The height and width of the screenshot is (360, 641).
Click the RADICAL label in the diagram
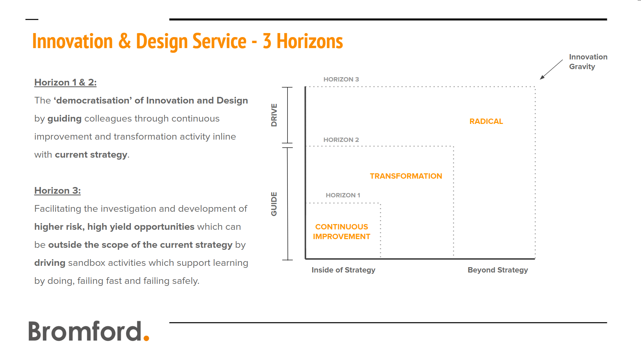486,122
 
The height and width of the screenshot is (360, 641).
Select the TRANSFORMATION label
406,176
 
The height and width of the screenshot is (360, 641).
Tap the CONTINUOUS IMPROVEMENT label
342,232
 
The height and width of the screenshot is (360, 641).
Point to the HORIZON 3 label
341,79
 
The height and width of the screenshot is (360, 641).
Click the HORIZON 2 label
341,140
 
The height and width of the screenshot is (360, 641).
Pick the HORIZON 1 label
343,195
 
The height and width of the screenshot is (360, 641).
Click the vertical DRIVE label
274,115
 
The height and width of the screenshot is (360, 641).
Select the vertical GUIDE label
274,204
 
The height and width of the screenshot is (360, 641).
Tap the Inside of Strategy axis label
343,270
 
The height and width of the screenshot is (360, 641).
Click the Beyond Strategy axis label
498,270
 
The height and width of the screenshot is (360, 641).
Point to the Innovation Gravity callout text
588,62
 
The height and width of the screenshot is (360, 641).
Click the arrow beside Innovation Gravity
552,69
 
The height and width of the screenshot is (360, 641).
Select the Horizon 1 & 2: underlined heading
65,82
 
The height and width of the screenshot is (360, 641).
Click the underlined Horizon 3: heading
57,191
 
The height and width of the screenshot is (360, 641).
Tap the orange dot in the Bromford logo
146,338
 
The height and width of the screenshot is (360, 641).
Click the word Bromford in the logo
85,331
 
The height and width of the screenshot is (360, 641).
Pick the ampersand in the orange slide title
125,41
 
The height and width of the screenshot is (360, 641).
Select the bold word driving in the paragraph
50,263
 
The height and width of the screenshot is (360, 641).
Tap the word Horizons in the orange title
310,41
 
